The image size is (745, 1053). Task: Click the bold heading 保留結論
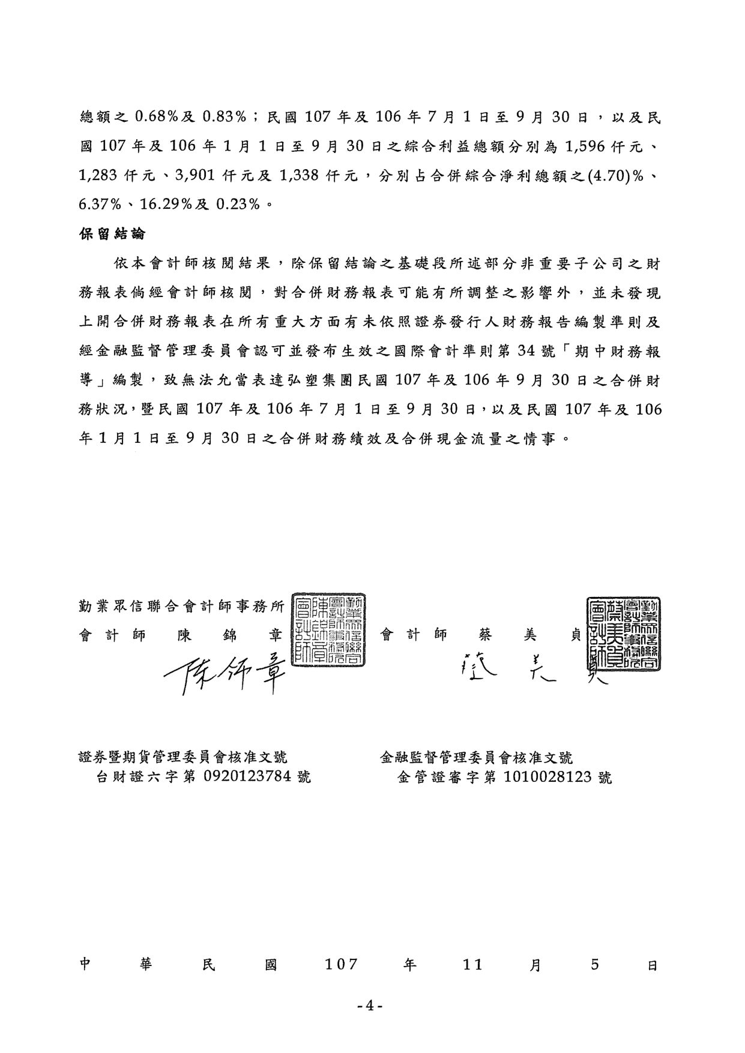point(113,233)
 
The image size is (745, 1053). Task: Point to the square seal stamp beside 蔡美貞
point(625,634)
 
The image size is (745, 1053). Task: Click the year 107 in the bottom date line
point(342,965)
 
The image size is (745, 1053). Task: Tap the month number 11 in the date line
point(473,965)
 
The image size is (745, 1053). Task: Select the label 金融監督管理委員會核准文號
point(477,758)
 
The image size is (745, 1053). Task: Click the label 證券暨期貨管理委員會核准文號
point(183,758)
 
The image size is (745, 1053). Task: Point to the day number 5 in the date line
point(595,965)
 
